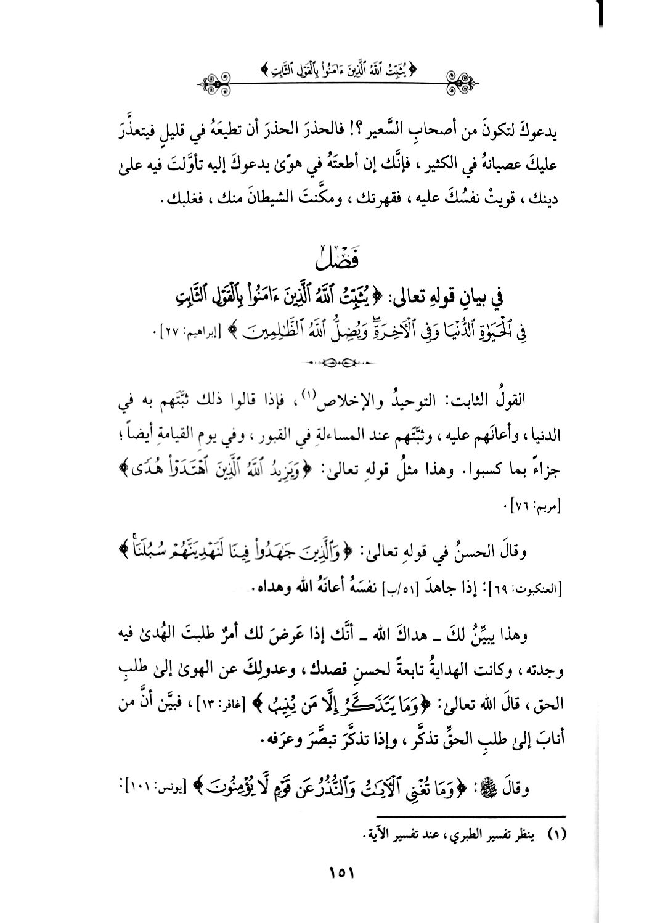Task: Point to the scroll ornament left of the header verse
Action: point(220,80)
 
